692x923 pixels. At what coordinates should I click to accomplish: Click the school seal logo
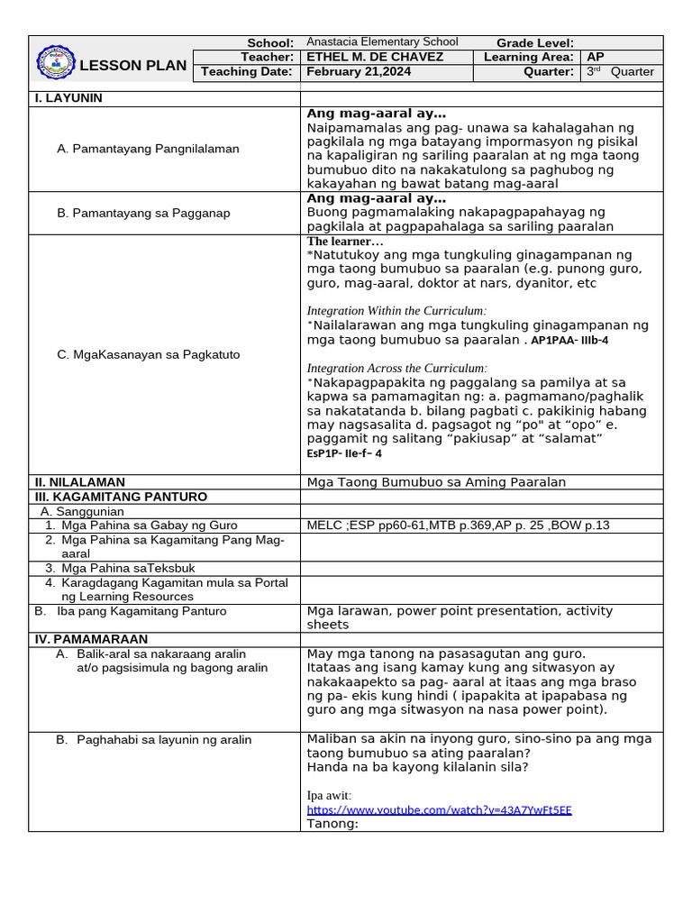[56, 62]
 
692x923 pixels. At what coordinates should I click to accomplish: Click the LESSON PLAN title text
[133, 65]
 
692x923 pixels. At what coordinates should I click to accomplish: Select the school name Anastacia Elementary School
[382, 42]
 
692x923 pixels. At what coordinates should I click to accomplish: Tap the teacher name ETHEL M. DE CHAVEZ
[375, 57]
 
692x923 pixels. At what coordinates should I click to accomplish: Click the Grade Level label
[534, 43]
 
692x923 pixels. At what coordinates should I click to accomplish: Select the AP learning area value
[596, 57]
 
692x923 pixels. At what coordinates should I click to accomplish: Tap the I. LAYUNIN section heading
[68, 98]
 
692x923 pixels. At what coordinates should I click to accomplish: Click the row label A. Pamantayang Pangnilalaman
[148, 149]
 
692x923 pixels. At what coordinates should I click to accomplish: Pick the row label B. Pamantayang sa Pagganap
[143, 213]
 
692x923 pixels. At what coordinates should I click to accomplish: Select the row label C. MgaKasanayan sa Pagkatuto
[148, 354]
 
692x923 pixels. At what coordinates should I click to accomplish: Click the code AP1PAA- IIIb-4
[569, 341]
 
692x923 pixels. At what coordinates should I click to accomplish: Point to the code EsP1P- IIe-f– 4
[344, 453]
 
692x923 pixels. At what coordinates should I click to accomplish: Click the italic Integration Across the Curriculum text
[396, 368]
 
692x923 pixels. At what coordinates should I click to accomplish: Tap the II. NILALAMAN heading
[79, 482]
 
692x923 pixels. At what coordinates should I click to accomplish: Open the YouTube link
[439, 809]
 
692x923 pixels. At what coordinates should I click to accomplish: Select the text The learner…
[345, 242]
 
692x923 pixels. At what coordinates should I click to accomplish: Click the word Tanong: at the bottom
[332, 823]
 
